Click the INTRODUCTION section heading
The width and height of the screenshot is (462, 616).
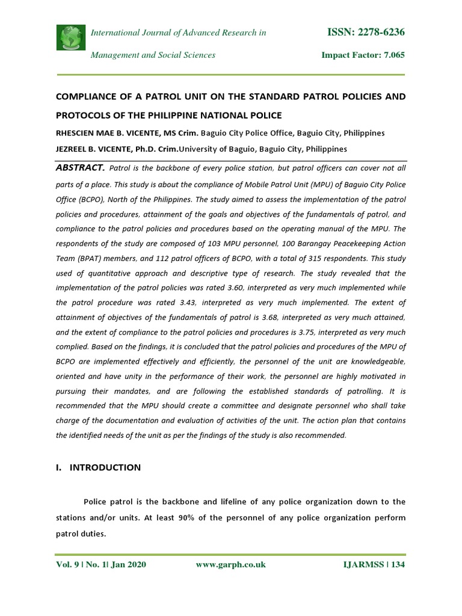click(106, 467)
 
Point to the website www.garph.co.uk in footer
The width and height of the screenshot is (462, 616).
click(231, 565)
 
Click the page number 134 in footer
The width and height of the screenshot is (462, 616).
click(398, 565)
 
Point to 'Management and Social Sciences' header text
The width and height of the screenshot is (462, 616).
click(153, 55)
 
